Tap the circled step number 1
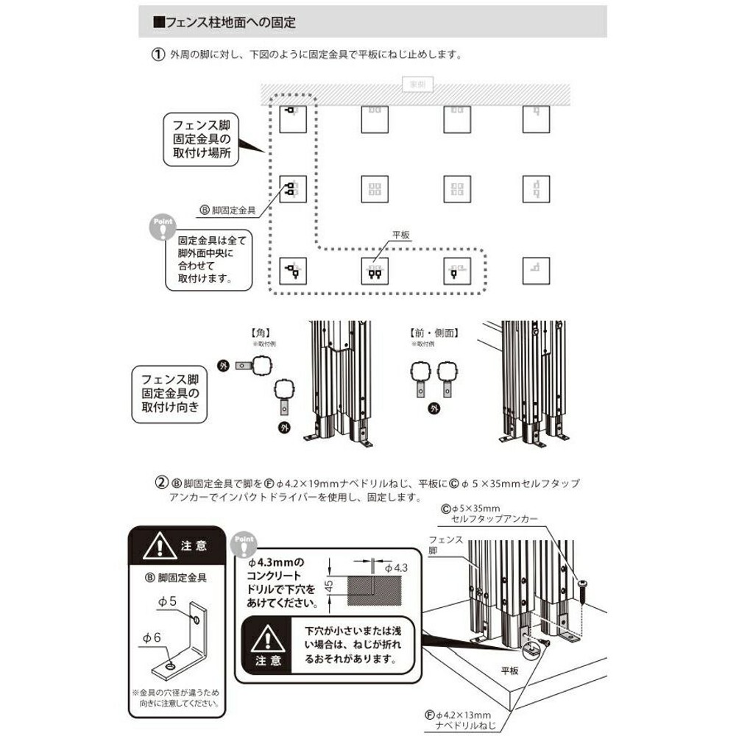[157, 56]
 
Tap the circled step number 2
[160, 484]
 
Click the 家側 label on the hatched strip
[417, 85]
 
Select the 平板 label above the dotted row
[400, 235]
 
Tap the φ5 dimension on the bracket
[167, 601]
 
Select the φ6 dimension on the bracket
[152, 638]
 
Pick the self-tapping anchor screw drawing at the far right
[583, 588]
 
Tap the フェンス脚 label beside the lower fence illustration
[446, 545]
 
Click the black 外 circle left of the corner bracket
[224, 365]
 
